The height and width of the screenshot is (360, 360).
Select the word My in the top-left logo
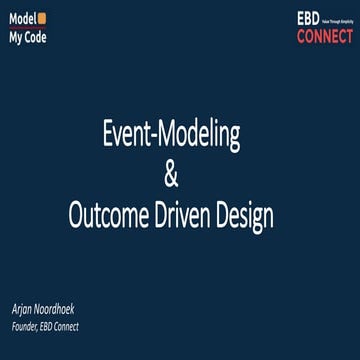pos(16,37)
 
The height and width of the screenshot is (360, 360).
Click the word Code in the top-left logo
pos(34,37)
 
